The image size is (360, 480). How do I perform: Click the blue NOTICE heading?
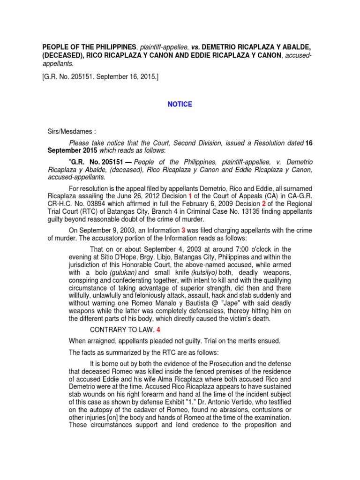(180, 104)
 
